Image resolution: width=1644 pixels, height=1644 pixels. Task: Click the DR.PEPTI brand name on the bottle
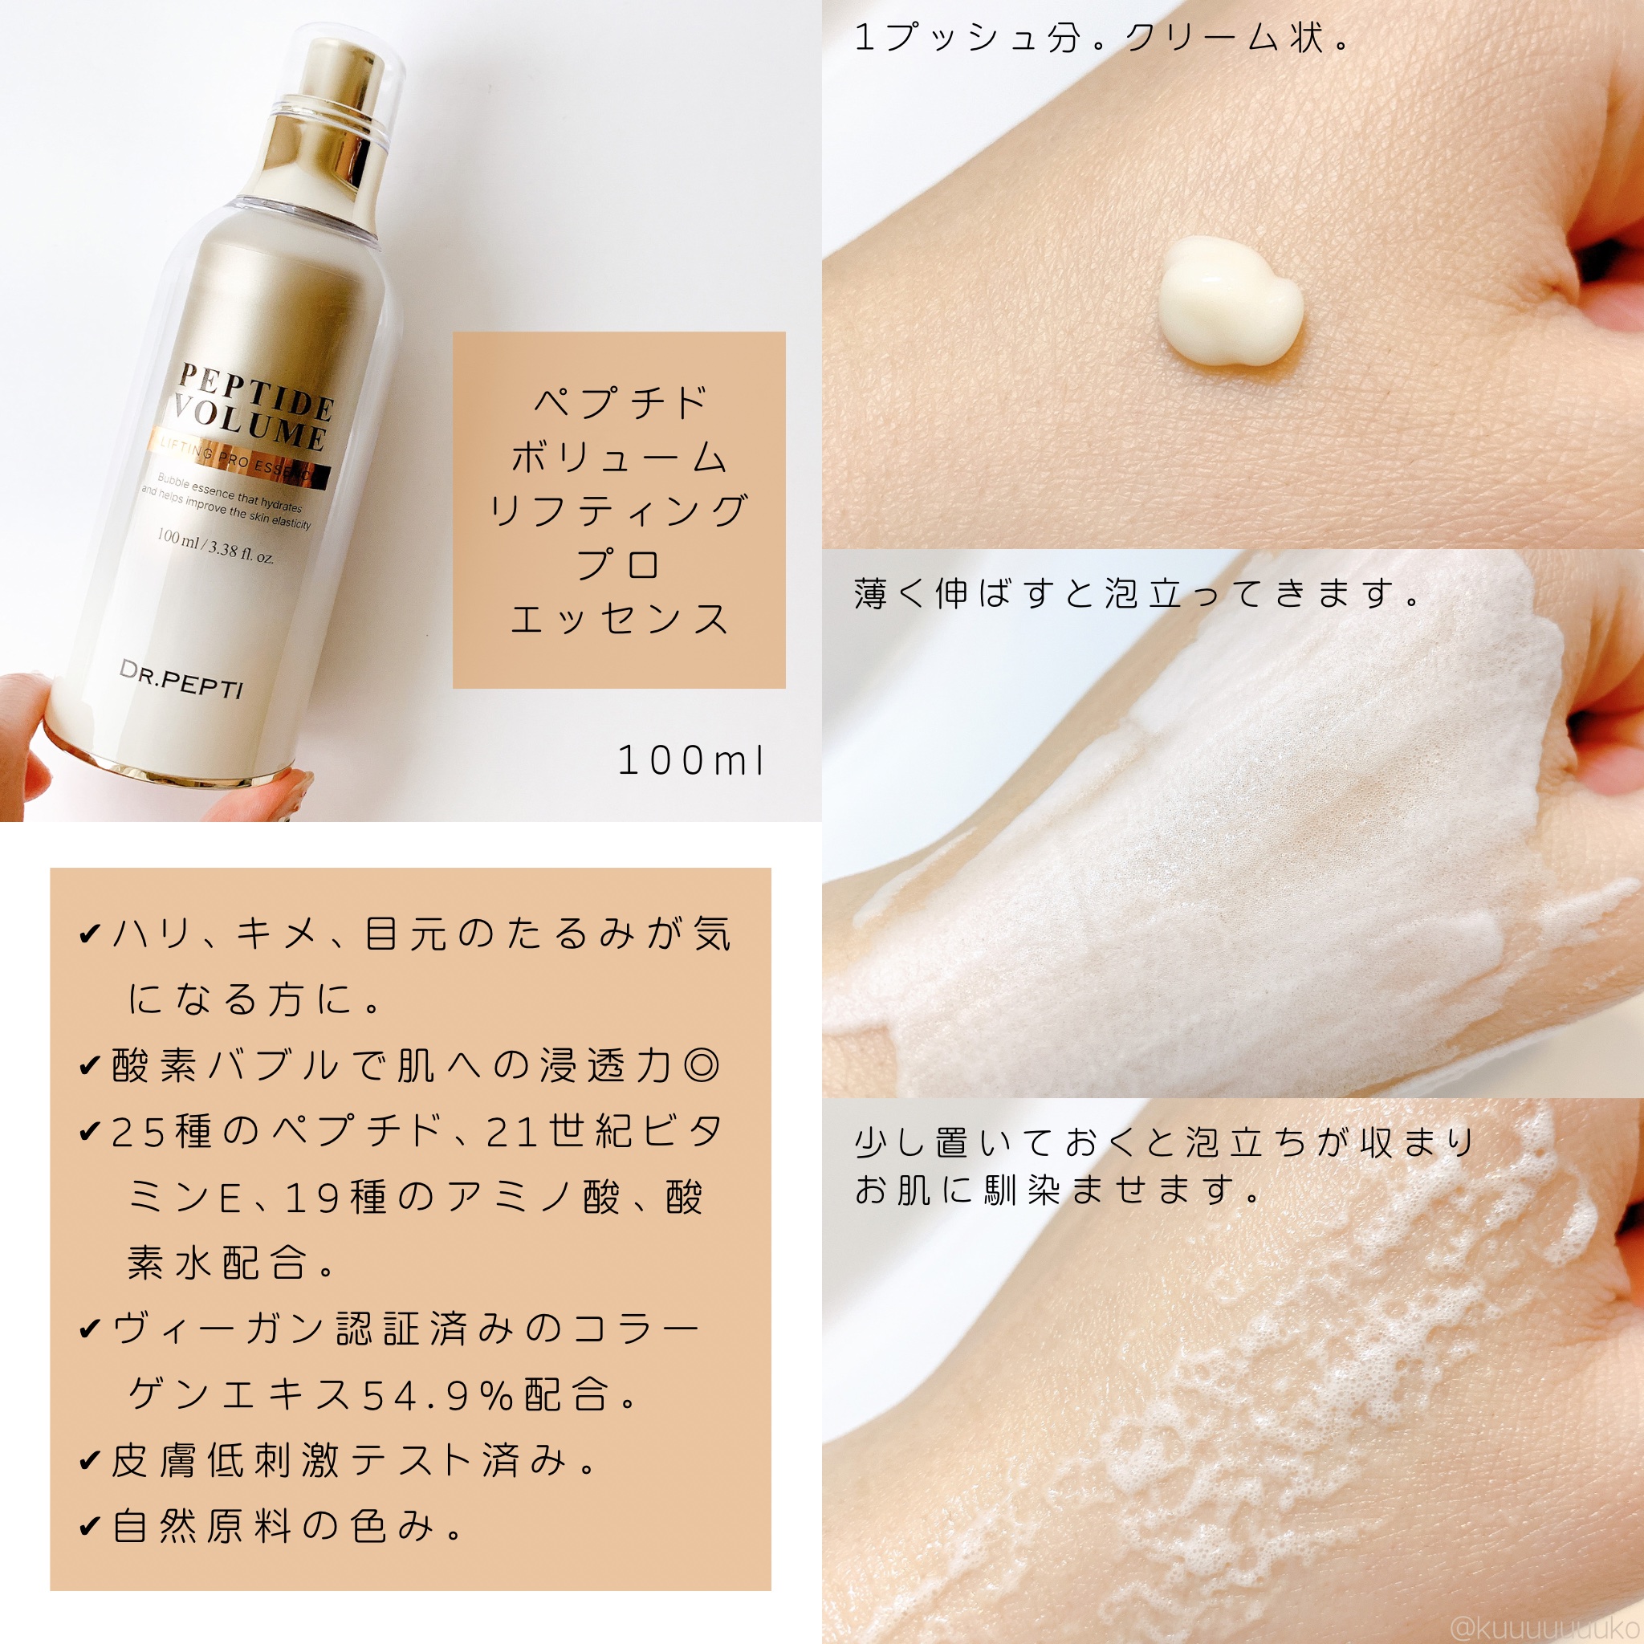[x=181, y=679]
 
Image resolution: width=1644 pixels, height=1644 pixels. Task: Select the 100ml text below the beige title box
[x=691, y=762]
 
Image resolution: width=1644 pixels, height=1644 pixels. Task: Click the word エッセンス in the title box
[x=619, y=620]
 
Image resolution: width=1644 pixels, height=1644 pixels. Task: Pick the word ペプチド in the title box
[x=619, y=402]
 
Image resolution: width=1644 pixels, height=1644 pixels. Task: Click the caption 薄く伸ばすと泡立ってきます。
[x=1138, y=594]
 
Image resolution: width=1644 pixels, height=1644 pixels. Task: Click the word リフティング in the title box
[x=619, y=511]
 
